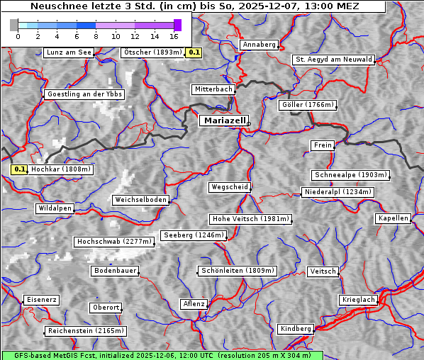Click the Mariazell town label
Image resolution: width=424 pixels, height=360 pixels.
pyautogui.click(x=223, y=120)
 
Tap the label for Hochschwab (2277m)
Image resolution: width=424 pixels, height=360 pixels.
pyautogui.click(x=114, y=242)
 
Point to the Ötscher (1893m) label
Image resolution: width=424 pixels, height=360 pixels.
pyautogui.click(x=152, y=52)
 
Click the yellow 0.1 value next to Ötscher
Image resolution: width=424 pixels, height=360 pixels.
pyautogui.click(x=194, y=52)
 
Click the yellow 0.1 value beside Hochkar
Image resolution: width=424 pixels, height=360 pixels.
pyautogui.click(x=20, y=169)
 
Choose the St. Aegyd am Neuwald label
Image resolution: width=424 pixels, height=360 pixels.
pyautogui.click(x=333, y=60)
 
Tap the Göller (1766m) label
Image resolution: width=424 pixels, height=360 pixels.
pyautogui.click(x=307, y=105)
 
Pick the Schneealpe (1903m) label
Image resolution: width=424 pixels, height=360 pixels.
pyautogui.click(x=350, y=175)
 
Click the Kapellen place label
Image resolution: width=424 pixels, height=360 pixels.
pyautogui.click(x=394, y=218)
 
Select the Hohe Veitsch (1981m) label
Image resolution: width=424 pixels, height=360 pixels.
pyautogui.click(x=250, y=219)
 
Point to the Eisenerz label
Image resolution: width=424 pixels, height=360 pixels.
pyautogui.click(x=41, y=300)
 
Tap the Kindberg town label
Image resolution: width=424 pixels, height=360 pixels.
pyautogui.click(x=296, y=329)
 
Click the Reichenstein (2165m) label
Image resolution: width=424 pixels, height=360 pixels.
pyautogui.click(x=86, y=331)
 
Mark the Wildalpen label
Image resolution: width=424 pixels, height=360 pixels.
pyautogui.click(x=55, y=208)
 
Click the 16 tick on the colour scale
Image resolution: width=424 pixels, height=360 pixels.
pyautogui.click(x=174, y=35)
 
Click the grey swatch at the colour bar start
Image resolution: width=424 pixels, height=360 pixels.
pyautogui.click(x=14, y=25)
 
